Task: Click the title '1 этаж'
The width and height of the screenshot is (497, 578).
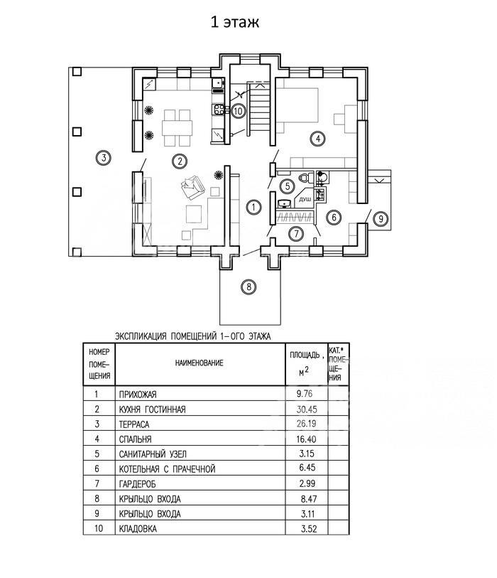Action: pyautogui.click(x=234, y=23)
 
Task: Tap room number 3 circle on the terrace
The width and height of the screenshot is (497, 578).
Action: pyautogui.click(x=103, y=158)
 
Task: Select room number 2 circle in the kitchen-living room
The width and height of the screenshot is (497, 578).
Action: pyautogui.click(x=181, y=161)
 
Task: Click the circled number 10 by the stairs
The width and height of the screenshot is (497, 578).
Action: pyautogui.click(x=238, y=110)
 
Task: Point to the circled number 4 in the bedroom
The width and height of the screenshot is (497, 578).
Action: pyautogui.click(x=319, y=138)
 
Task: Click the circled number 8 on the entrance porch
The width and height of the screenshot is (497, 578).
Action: pyautogui.click(x=247, y=287)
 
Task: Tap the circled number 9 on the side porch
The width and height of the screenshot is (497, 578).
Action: pyautogui.click(x=380, y=218)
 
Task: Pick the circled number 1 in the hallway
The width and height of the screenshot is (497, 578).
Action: pyautogui.click(x=252, y=207)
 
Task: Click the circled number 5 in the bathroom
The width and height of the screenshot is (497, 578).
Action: pyautogui.click(x=287, y=186)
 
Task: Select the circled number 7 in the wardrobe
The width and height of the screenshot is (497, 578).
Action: pyautogui.click(x=296, y=232)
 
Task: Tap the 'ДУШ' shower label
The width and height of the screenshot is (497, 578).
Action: pyautogui.click(x=305, y=201)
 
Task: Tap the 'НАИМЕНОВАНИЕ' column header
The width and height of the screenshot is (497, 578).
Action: pyautogui.click(x=200, y=363)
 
